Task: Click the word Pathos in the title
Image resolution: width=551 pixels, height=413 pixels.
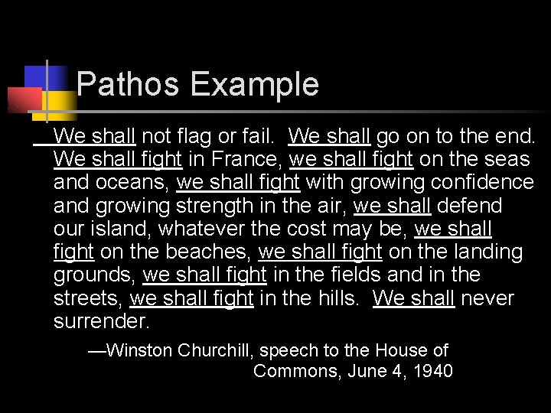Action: tap(128, 84)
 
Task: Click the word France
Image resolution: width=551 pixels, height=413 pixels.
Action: tap(246, 160)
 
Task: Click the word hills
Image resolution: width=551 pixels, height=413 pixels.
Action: tap(337, 298)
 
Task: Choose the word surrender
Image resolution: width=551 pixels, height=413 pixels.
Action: tap(102, 320)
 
